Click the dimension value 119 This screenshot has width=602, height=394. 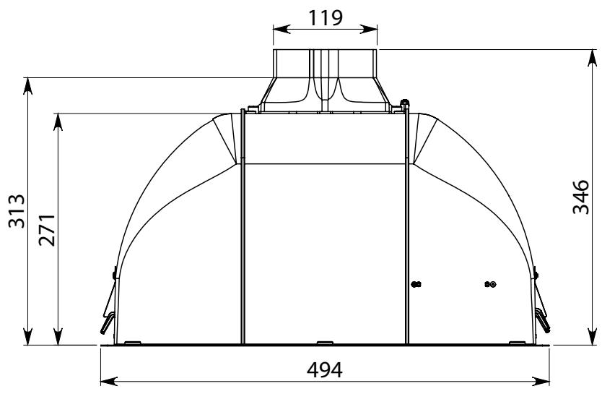326,17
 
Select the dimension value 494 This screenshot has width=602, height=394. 324,370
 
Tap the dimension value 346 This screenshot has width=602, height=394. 580,197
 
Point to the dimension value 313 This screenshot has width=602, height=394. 17,211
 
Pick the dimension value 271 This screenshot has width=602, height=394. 47,230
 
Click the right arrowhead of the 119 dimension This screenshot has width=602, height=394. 369,29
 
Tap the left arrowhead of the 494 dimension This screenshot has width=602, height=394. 109,382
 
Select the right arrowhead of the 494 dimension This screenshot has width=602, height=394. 541,382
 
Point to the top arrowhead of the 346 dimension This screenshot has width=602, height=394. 593,59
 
